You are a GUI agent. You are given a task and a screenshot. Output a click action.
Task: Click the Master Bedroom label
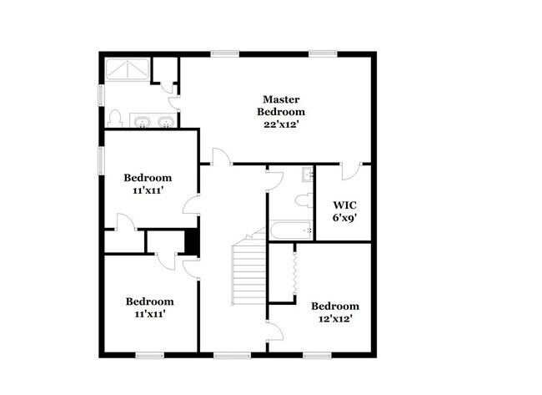tap(280, 104)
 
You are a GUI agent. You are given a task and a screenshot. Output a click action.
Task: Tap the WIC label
tap(345, 205)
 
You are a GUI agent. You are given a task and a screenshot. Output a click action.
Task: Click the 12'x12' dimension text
tap(335, 319)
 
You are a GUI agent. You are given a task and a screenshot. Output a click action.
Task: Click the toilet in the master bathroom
tap(117, 118)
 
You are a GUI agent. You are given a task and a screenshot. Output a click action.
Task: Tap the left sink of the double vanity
tap(143, 124)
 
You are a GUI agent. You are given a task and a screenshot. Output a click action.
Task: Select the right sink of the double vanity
tap(168, 124)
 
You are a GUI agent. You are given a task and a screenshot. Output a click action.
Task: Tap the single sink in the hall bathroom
tap(307, 175)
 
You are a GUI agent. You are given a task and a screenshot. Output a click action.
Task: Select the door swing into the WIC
tap(352, 170)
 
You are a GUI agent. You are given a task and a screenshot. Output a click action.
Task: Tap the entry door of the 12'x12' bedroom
tap(274, 329)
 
